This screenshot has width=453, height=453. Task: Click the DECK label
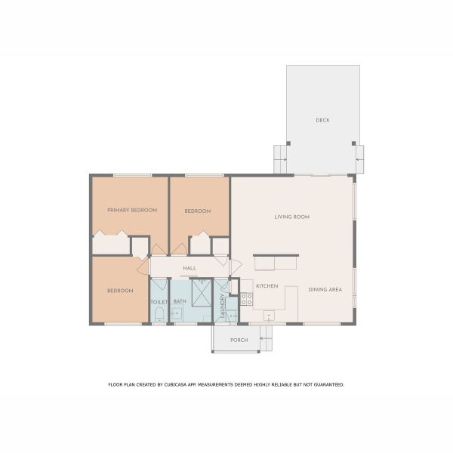click(x=322, y=120)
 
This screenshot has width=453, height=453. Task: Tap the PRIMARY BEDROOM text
click(x=132, y=210)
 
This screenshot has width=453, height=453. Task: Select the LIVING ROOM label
click(x=291, y=217)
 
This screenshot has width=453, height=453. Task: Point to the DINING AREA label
click(x=325, y=289)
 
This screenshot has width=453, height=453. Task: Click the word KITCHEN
click(x=267, y=286)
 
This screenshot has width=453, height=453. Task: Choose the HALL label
click(x=190, y=268)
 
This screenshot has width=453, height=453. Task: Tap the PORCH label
click(x=239, y=340)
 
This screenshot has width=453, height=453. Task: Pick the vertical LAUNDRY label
click(x=222, y=306)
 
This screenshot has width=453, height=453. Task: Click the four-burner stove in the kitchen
click(x=246, y=299)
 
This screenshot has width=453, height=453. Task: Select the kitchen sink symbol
click(x=269, y=316)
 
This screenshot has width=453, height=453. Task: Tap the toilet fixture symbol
click(x=159, y=315)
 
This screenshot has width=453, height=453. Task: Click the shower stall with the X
click(x=202, y=293)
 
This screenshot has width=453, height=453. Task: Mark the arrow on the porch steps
click(x=263, y=338)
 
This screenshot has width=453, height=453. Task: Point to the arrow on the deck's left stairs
click(x=283, y=159)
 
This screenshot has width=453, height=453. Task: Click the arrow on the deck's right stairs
click(x=359, y=159)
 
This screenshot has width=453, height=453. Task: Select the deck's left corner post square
click(x=288, y=143)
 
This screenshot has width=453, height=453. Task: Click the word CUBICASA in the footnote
click(x=176, y=385)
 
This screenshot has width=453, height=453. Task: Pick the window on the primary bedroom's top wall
click(x=133, y=175)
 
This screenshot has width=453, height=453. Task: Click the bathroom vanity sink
click(x=176, y=313)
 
